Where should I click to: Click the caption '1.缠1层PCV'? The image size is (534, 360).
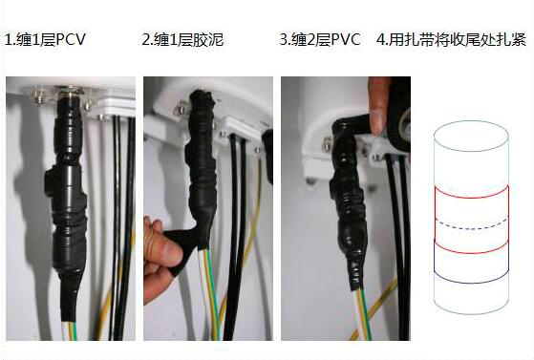[x=45, y=39]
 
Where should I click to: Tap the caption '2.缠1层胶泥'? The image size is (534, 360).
[x=182, y=39]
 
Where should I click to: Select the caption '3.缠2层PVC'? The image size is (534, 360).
[x=320, y=39]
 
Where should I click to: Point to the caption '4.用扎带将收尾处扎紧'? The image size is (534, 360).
[x=452, y=39]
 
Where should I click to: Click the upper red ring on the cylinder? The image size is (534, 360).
[x=472, y=198]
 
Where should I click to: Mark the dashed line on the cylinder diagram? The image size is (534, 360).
[x=472, y=228]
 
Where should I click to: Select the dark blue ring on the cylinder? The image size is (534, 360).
[x=472, y=282]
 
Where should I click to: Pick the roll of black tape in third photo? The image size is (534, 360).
[x=399, y=114]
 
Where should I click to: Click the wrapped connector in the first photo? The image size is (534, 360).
[x=68, y=204]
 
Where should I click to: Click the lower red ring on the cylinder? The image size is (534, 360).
[x=472, y=252]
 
